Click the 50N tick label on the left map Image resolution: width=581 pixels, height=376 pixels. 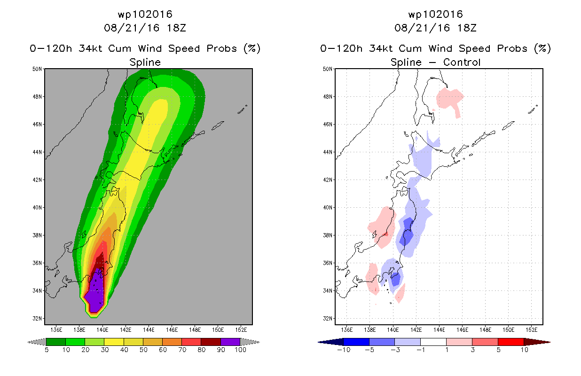coord(37,69)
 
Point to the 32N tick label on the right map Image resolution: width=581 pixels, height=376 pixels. coord(327,319)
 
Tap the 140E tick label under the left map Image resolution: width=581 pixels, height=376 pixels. coord(102,330)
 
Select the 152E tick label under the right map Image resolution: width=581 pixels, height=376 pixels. coord(532,330)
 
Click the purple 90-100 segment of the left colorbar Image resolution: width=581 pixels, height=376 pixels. coord(230,342)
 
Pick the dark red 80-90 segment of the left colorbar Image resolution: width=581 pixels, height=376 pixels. coord(211,342)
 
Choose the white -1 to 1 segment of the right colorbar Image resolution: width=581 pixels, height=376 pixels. coord(433,342)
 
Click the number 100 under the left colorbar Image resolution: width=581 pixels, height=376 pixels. coord(241,350)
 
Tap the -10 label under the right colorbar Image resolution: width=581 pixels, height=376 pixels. coord(344,350)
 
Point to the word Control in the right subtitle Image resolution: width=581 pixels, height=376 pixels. coord(462,62)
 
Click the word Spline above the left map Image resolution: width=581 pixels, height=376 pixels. coord(145,63)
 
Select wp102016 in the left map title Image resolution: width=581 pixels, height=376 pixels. coord(145,14)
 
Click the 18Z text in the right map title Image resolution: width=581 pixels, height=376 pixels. coord(467,28)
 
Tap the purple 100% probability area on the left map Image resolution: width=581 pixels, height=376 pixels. coord(95,293)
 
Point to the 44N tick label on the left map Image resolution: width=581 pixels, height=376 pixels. coord(37,152)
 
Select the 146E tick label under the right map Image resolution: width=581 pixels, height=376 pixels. coord(462,330)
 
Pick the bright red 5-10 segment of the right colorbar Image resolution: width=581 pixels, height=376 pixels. coord(511,342)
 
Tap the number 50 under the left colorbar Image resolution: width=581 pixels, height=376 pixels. coord(143,350)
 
